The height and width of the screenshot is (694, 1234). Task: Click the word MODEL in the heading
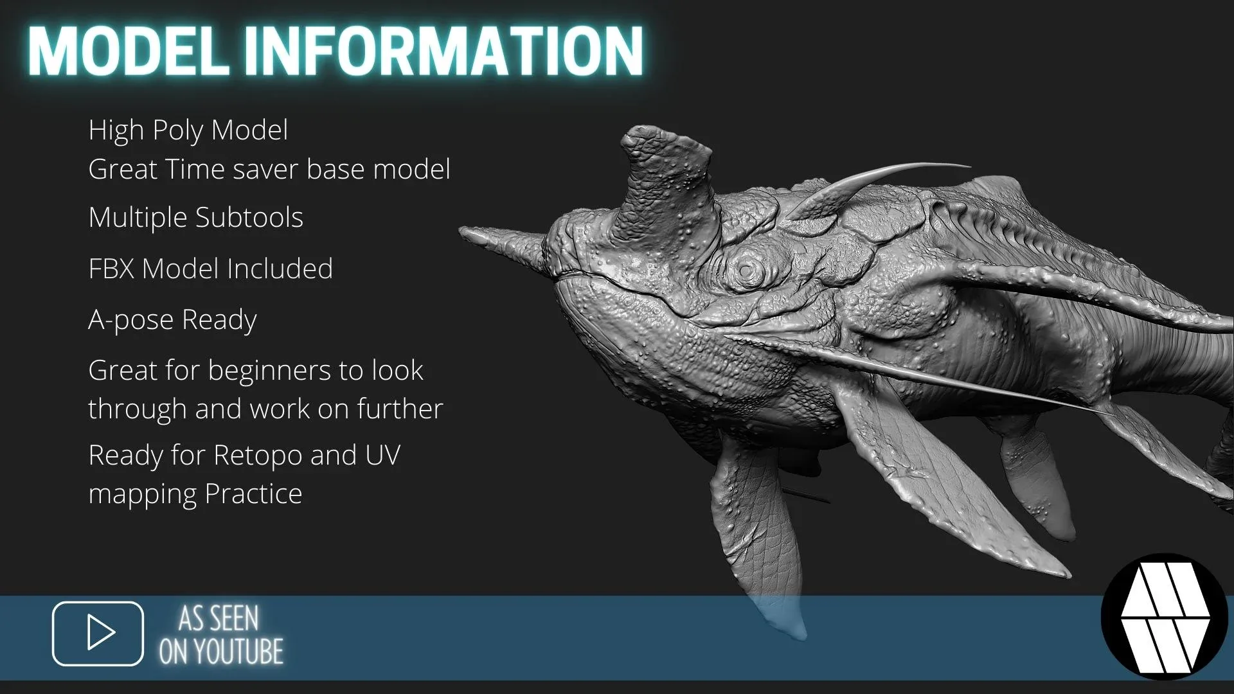point(129,51)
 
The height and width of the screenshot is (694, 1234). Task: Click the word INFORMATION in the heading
point(443,51)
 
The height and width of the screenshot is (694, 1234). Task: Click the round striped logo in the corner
point(1165,617)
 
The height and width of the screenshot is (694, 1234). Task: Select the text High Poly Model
point(188,130)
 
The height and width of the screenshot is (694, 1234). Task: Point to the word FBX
point(111,269)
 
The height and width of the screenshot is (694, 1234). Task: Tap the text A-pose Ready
point(172,320)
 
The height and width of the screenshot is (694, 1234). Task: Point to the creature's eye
point(746,271)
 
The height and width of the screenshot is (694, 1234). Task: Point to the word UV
point(383,456)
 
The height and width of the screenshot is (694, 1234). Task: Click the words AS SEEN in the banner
point(219,618)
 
